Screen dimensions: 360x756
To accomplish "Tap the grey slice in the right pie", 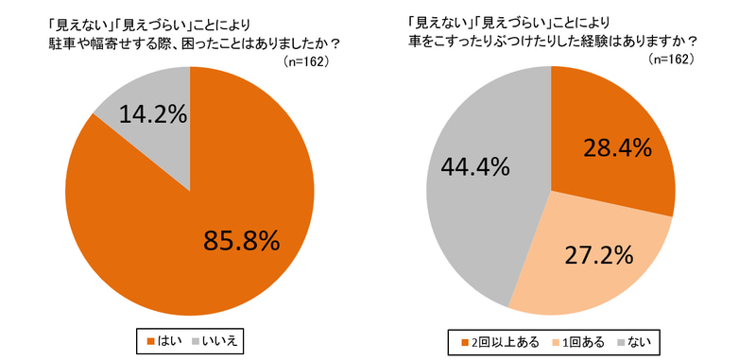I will (x=472, y=208).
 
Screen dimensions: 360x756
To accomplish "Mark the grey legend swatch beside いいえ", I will (x=196, y=338).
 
